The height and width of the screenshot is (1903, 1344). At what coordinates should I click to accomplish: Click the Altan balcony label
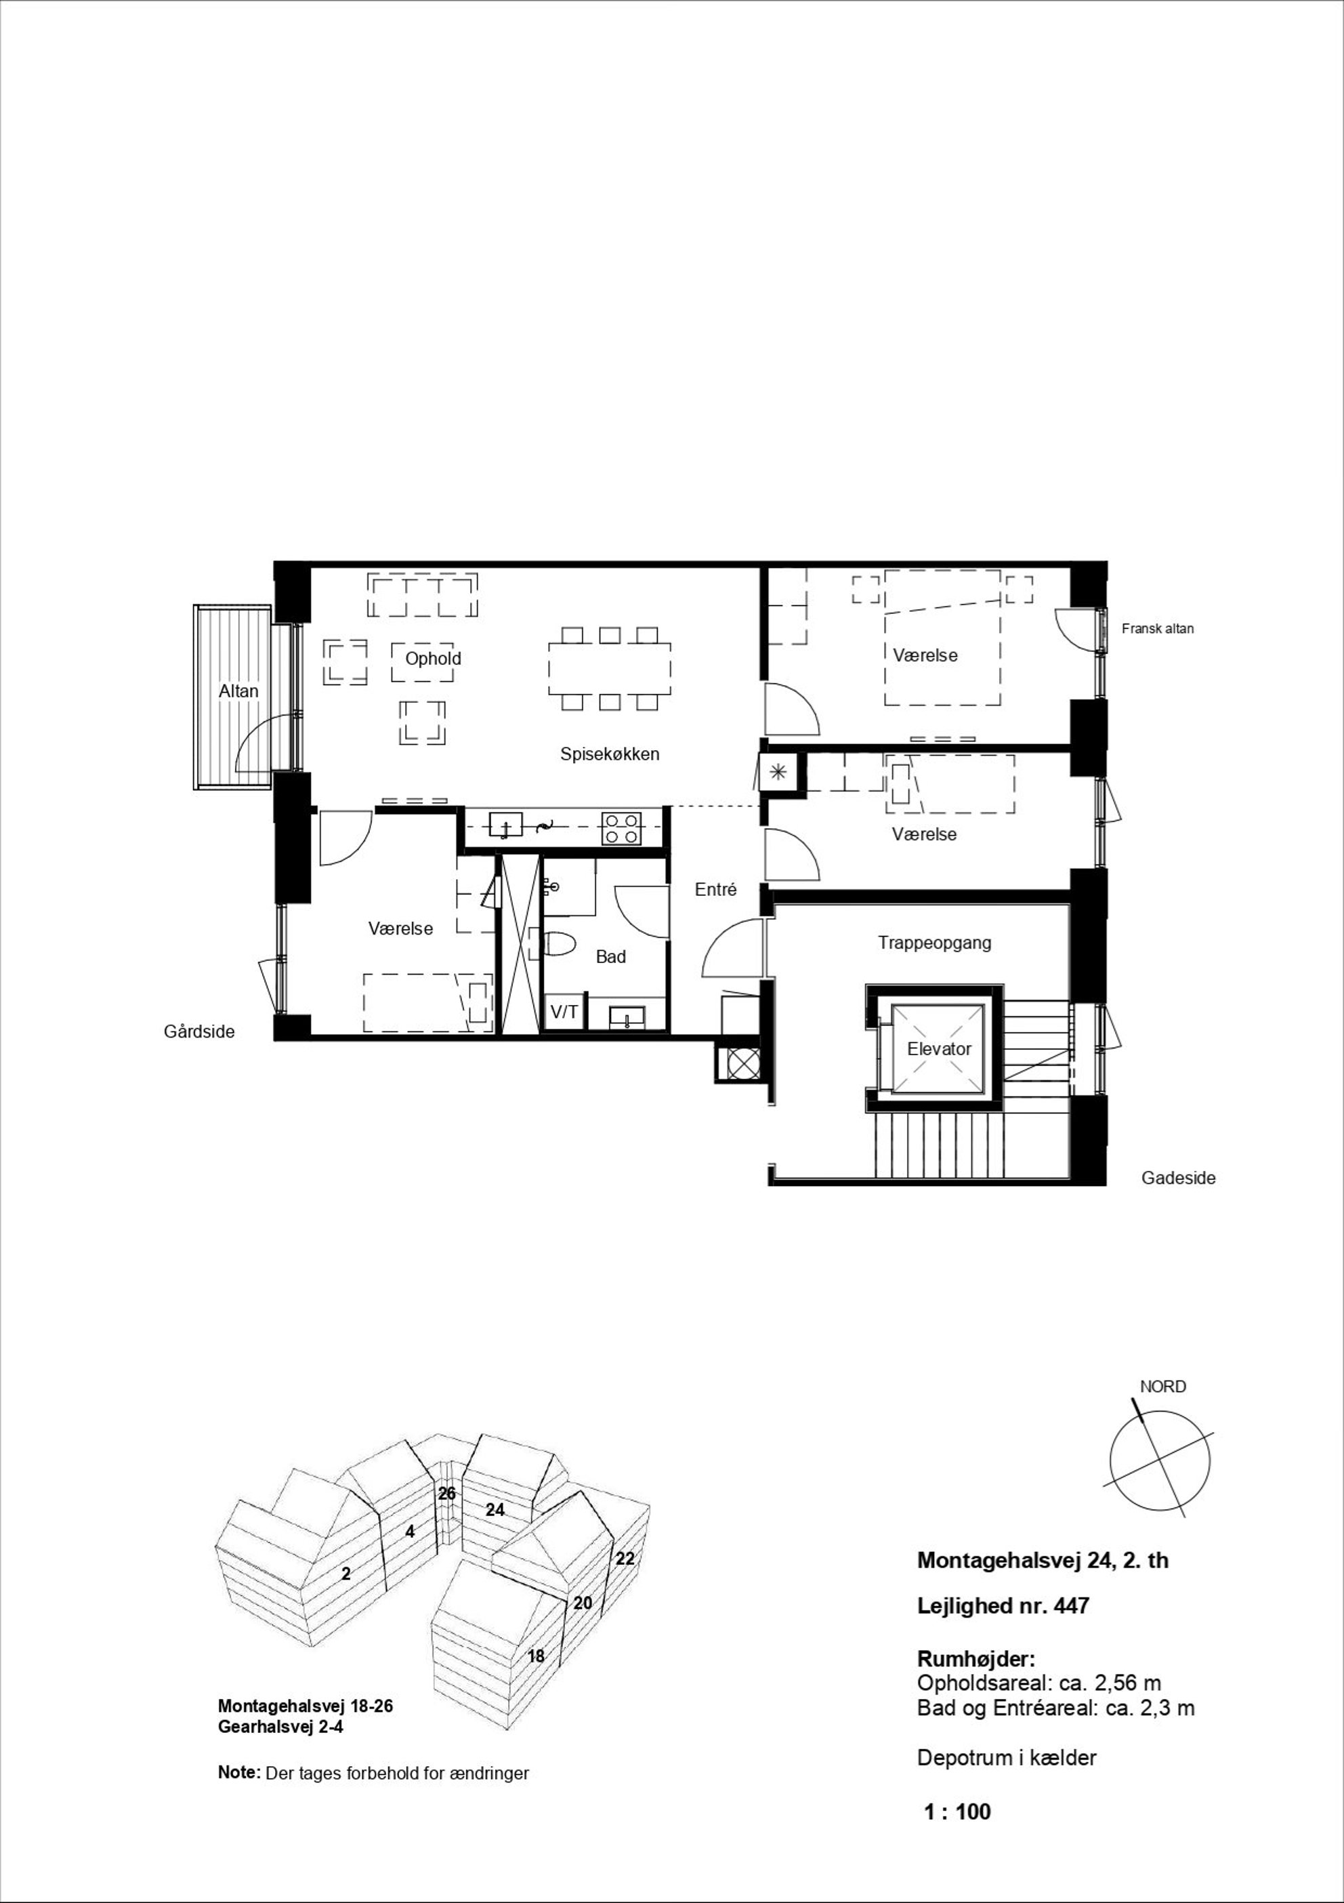pyautogui.click(x=238, y=691)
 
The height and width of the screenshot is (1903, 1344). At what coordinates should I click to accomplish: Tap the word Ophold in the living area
pyautogui.click(x=433, y=659)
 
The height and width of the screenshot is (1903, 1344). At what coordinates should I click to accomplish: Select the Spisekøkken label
pyautogui.click(x=610, y=754)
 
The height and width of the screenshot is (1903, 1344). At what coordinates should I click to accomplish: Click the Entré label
pyautogui.click(x=716, y=889)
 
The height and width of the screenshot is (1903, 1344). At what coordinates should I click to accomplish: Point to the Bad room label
pyautogui.click(x=610, y=956)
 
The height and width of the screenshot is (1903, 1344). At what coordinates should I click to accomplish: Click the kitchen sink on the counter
pyautogui.click(x=505, y=825)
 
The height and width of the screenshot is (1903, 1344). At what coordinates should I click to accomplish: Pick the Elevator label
pyautogui.click(x=939, y=1048)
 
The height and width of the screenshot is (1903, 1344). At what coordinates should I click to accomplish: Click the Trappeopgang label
pyautogui.click(x=935, y=943)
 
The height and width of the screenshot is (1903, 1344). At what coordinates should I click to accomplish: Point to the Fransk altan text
pyautogui.click(x=1158, y=628)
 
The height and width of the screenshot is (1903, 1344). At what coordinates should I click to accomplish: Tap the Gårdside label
pyautogui.click(x=199, y=1032)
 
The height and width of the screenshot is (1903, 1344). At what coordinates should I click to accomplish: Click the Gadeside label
pyautogui.click(x=1178, y=1178)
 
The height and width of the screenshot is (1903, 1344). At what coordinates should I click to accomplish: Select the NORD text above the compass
pyautogui.click(x=1162, y=1387)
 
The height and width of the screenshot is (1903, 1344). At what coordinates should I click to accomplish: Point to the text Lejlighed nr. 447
pyautogui.click(x=1003, y=1606)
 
